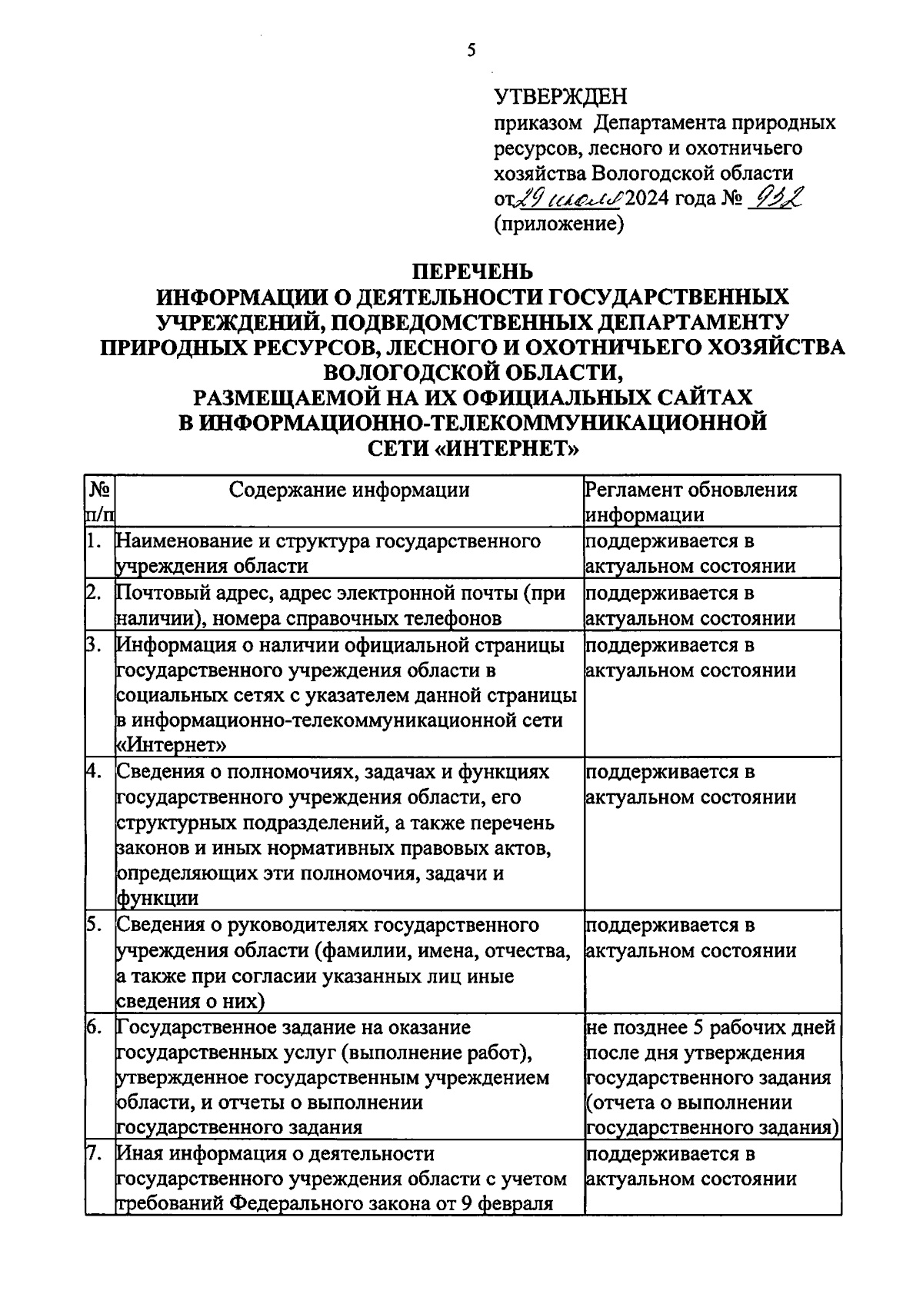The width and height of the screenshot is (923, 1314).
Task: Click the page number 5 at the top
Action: point(471,51)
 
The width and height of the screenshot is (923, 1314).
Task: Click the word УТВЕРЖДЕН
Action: point(560,97)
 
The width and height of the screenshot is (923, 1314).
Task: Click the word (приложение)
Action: point(558,224)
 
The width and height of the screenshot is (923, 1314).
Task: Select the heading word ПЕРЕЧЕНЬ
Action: point(471,272)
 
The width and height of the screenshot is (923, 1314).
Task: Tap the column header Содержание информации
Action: point(350,490)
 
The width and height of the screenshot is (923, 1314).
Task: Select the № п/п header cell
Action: point(99,501)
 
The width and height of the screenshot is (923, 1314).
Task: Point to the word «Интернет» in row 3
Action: point(171,745)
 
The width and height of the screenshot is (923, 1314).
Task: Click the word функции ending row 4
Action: point(157,898)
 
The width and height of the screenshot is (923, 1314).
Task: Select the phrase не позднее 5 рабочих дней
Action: point(709,1028)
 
